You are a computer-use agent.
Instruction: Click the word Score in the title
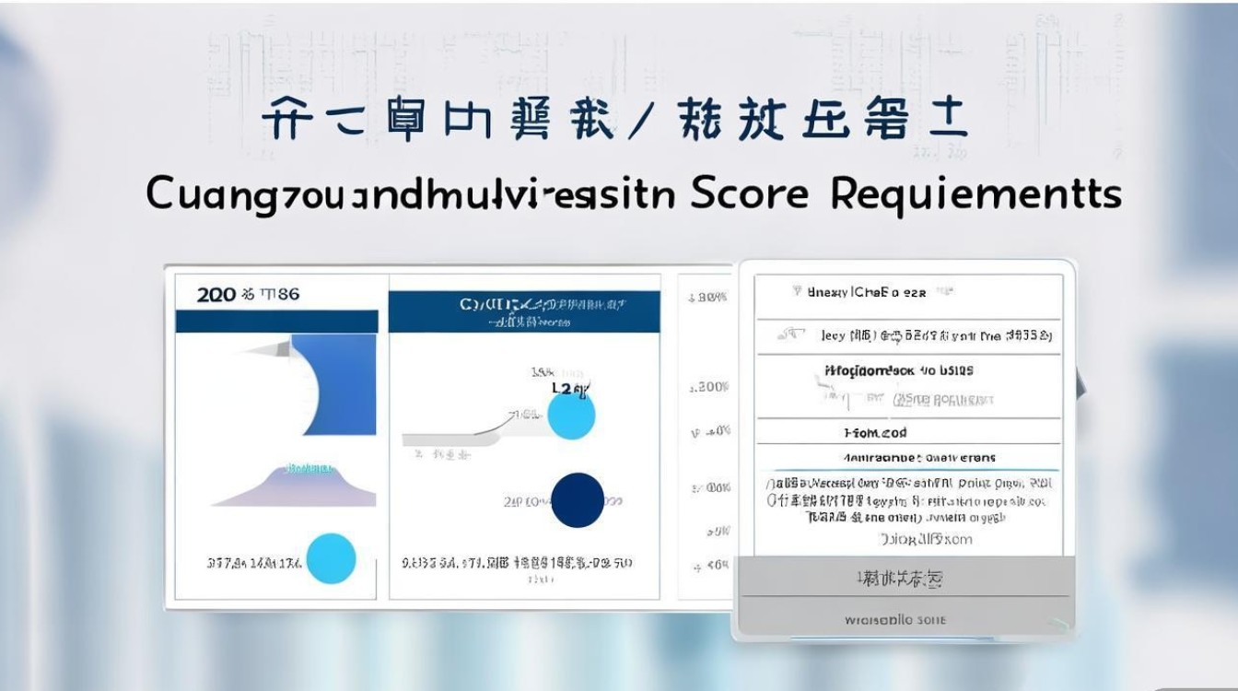748,194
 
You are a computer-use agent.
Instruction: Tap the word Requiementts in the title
976,194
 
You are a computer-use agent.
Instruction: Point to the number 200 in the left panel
216,295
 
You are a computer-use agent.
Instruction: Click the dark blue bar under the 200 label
276,321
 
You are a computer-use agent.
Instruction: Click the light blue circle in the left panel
330,558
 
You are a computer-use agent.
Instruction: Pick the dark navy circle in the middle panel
578,500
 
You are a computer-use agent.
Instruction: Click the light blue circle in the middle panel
571,416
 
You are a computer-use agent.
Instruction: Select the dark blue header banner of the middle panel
524,311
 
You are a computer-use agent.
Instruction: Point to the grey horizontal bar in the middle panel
451,439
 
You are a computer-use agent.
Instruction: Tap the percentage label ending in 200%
709,388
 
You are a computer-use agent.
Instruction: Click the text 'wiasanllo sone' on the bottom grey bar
907,620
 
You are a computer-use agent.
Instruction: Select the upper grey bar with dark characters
907,579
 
